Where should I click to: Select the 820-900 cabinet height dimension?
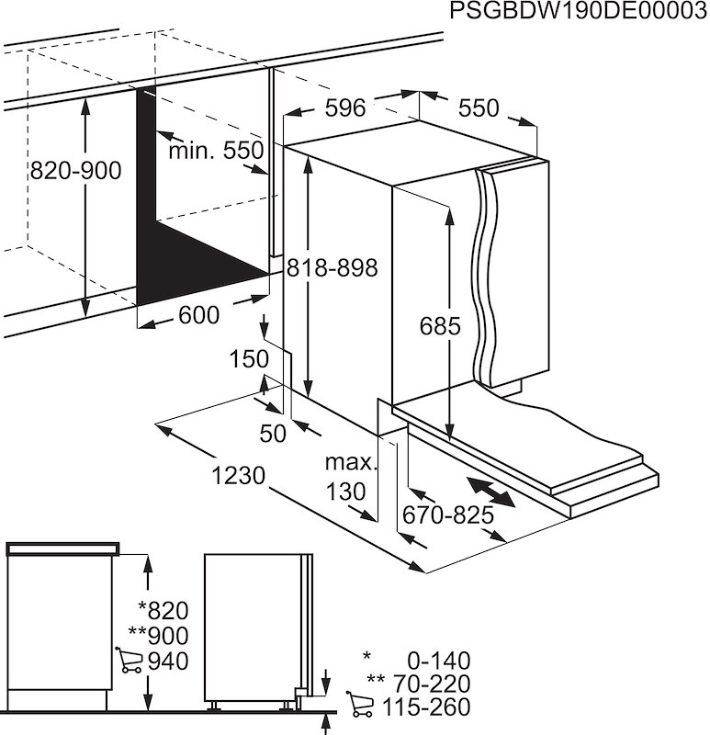(75, 171)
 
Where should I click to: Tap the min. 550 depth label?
(215, 151)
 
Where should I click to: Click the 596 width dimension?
(345, 108)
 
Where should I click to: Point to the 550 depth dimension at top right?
(479, 108)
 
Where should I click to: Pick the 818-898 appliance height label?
(332, 268)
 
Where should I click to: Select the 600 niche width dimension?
(198, 315)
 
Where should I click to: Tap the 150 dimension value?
(248, 358)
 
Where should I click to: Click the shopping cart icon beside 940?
(130, 661)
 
